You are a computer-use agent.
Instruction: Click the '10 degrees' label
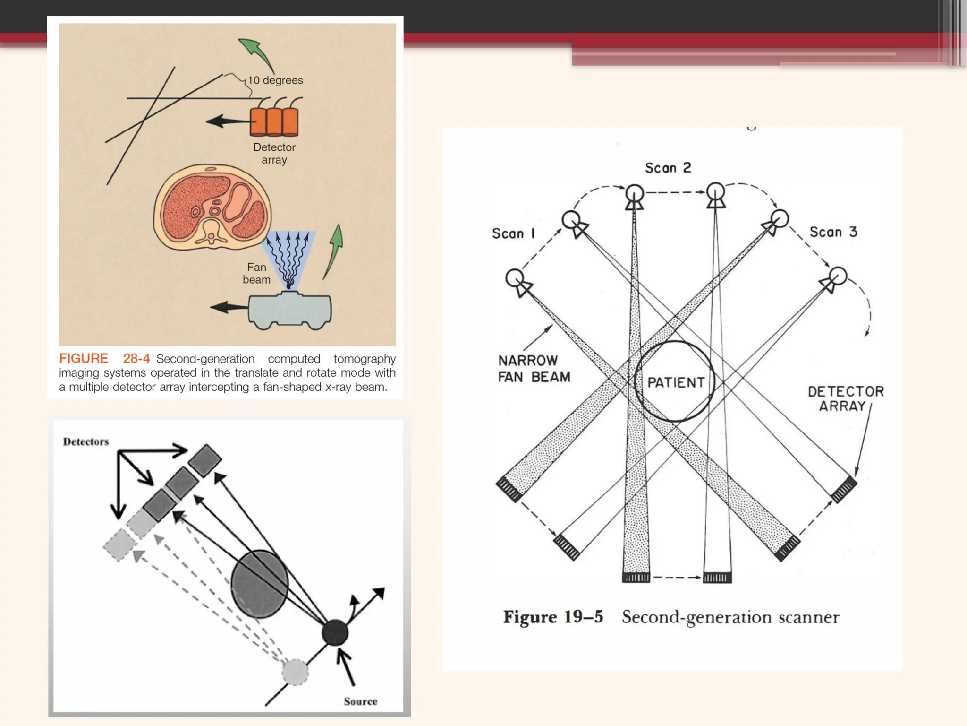276,80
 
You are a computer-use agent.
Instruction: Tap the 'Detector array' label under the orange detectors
274,154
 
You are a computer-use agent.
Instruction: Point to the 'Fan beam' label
256,274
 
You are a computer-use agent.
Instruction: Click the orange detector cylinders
274,121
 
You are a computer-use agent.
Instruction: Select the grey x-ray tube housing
289,310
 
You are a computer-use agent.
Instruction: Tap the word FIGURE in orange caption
84,359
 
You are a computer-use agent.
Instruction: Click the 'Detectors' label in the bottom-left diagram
86,442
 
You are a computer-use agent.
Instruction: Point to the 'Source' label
360,702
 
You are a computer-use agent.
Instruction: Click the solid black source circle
335,633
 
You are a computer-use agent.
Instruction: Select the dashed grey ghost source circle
295,672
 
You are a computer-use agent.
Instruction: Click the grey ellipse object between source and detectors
259,584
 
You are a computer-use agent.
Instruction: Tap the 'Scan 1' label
513,233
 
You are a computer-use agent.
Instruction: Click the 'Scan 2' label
668,168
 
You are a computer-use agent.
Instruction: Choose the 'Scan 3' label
833,232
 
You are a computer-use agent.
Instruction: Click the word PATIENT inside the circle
676,382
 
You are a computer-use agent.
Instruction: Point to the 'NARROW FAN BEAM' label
534,369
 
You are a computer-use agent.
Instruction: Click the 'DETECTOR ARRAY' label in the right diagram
846,398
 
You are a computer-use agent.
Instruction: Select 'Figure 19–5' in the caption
553,617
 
